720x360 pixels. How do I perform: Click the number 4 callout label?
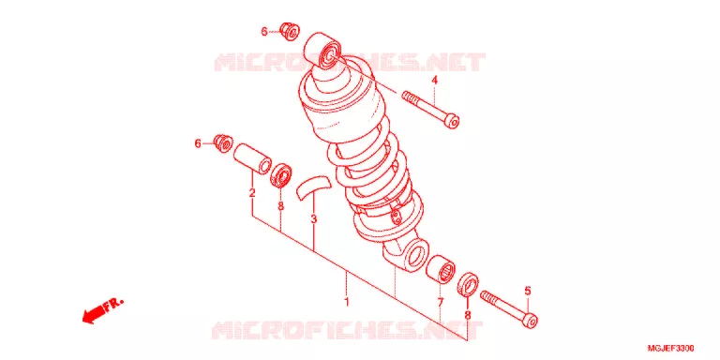coord(434,81)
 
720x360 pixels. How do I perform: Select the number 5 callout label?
coord(528,291)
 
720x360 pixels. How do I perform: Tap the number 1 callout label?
coord(347,303)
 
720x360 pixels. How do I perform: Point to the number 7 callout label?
coord(440,303)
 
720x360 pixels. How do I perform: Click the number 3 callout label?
coord(314,219)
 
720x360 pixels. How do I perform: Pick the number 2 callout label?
coord(252,193)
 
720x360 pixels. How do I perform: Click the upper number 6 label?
coord(264,32)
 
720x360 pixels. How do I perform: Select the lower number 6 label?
coord(198,143)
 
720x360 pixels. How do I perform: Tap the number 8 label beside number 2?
coord(280,206)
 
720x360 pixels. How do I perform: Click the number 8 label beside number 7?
coord(467,315)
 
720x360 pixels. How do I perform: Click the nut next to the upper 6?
coord(290,31)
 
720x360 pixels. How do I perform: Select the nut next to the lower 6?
coord(224,143)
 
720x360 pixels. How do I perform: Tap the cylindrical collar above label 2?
coord(252,159)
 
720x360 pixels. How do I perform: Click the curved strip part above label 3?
coord(313,186)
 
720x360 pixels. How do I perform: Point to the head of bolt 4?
coord(452,121)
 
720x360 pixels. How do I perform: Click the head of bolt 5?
coord(531,320)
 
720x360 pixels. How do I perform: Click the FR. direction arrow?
coord(102,311)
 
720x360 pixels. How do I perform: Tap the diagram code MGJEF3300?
coord(671,348)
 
